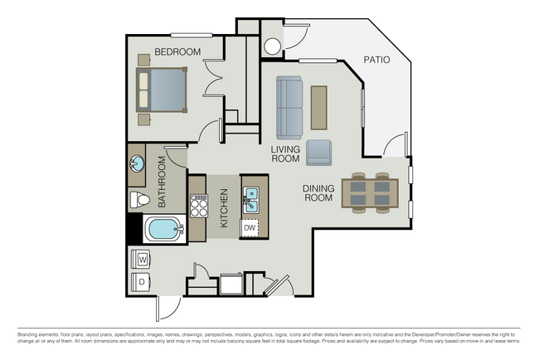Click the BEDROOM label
(x=178, y=52)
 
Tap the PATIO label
(x=377, y=60)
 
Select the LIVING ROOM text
(x=285, y=153)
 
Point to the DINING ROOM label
(x=318, y=193)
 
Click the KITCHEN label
(x=223, y=207)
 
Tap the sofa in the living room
(x=289, y=108)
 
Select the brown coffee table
(x=319, y=107)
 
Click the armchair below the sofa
(x=318, y=153)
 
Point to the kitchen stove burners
(x=199, y=204)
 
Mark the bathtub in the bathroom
(x=163, y=228)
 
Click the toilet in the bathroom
(x=139, y=199)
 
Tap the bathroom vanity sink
(x=137, y=162)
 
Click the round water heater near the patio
(x=270, y=46)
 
